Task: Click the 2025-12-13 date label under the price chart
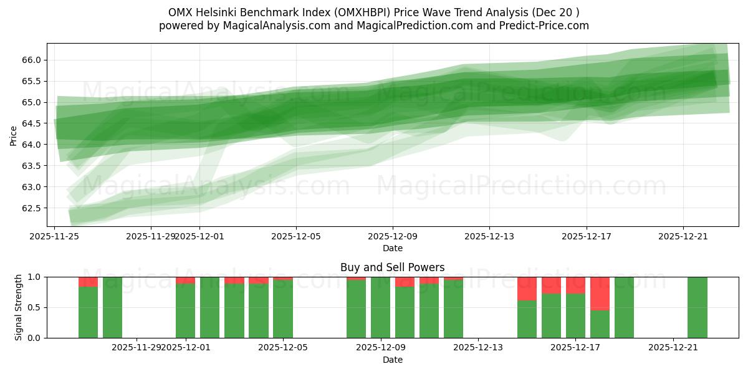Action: tap(489, 236)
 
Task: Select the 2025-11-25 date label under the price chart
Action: tap(54, 236)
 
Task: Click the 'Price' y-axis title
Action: tap(14, 135)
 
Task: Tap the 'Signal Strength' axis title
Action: tap(19, 307)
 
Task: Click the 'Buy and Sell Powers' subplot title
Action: tap(392, 267)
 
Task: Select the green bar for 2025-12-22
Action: tap(697, 307)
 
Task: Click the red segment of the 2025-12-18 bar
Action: tap(600, 293)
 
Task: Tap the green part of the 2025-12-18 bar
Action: tap(600, 324)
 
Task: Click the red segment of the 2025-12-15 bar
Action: tap(527, 289)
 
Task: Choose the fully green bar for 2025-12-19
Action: tap(624, 307)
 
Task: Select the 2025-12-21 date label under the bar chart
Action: tap(673, 348)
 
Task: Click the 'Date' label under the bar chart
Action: tap(392, 360)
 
